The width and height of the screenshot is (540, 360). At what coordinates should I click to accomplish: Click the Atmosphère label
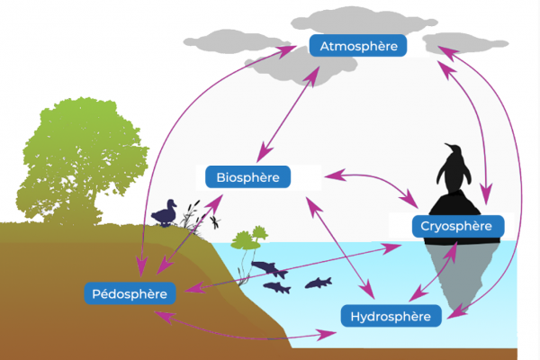tap(358, 46)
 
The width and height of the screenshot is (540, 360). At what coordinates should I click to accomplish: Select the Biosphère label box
tap(248, 177)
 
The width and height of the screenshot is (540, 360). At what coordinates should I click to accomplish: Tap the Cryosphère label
tap(458, 226)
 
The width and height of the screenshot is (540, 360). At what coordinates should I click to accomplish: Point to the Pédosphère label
tap(130, 293)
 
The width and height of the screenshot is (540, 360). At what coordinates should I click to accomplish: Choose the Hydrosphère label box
tap(391, 316)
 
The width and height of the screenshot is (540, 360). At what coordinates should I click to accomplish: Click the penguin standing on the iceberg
tap(454, 168)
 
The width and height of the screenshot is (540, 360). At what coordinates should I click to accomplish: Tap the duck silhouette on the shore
tap(165, 213)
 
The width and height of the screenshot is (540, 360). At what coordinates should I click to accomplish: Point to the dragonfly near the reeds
tap(215, 222)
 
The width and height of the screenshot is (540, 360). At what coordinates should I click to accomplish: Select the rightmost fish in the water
tap(319, 283)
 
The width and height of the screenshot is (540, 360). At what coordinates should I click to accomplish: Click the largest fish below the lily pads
tap(270, 269)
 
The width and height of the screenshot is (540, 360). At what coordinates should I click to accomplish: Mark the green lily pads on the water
tap(249, 238)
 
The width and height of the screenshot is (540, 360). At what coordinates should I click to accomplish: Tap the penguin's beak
tap(447, 145)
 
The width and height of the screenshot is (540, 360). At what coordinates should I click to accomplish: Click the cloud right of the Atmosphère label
tap(465, 43)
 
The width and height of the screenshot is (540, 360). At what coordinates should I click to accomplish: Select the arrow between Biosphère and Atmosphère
tap(288, 114)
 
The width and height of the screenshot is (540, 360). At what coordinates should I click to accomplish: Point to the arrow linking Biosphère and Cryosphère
tap(372, 186)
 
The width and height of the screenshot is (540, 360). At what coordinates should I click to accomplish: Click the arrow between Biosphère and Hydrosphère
tap(340, 247)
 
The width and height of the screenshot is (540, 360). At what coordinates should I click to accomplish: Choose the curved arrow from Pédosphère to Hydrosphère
tap(245, 330)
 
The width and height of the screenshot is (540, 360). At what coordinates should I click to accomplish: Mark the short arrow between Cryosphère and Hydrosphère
tap(433, 272)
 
